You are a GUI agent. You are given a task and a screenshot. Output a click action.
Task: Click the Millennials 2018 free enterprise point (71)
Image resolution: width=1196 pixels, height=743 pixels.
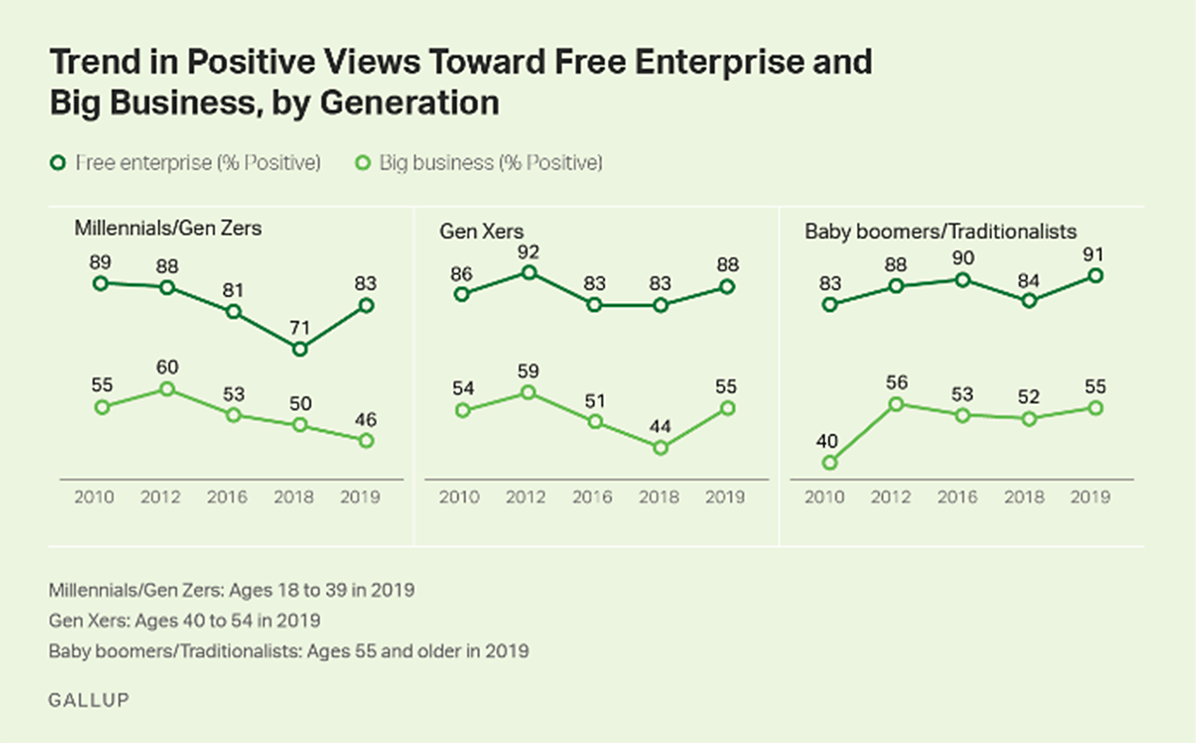(300, 349)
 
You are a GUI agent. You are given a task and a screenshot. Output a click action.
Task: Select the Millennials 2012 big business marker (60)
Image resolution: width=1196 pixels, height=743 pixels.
(167, 389)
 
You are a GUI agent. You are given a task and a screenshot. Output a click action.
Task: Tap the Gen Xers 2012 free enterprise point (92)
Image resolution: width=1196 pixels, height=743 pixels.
(529, 272)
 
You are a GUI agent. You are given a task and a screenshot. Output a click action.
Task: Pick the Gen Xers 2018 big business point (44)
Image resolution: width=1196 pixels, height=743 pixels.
(660, 447)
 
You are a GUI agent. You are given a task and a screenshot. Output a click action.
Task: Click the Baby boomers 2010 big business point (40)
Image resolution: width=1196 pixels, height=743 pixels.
(831, 463)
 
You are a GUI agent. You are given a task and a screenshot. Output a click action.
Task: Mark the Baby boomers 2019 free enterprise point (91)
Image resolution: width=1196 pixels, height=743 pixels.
(1095, 275)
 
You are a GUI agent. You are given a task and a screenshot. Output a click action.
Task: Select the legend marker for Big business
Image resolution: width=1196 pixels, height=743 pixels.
(363, 163)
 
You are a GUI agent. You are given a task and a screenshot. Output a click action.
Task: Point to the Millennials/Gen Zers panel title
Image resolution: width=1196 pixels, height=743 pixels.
(168, 228)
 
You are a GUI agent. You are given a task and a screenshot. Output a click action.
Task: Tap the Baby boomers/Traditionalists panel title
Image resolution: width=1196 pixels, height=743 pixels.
(941, 232)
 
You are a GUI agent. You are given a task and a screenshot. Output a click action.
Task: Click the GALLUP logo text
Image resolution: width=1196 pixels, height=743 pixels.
(89, 700)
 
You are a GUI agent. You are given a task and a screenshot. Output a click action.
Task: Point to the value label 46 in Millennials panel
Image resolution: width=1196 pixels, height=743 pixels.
(366, 419)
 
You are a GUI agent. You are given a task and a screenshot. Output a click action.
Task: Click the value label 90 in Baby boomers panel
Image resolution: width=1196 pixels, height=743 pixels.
(962, 259)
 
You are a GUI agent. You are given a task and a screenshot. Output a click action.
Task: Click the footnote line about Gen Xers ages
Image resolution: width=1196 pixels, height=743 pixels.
(185, 620)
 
